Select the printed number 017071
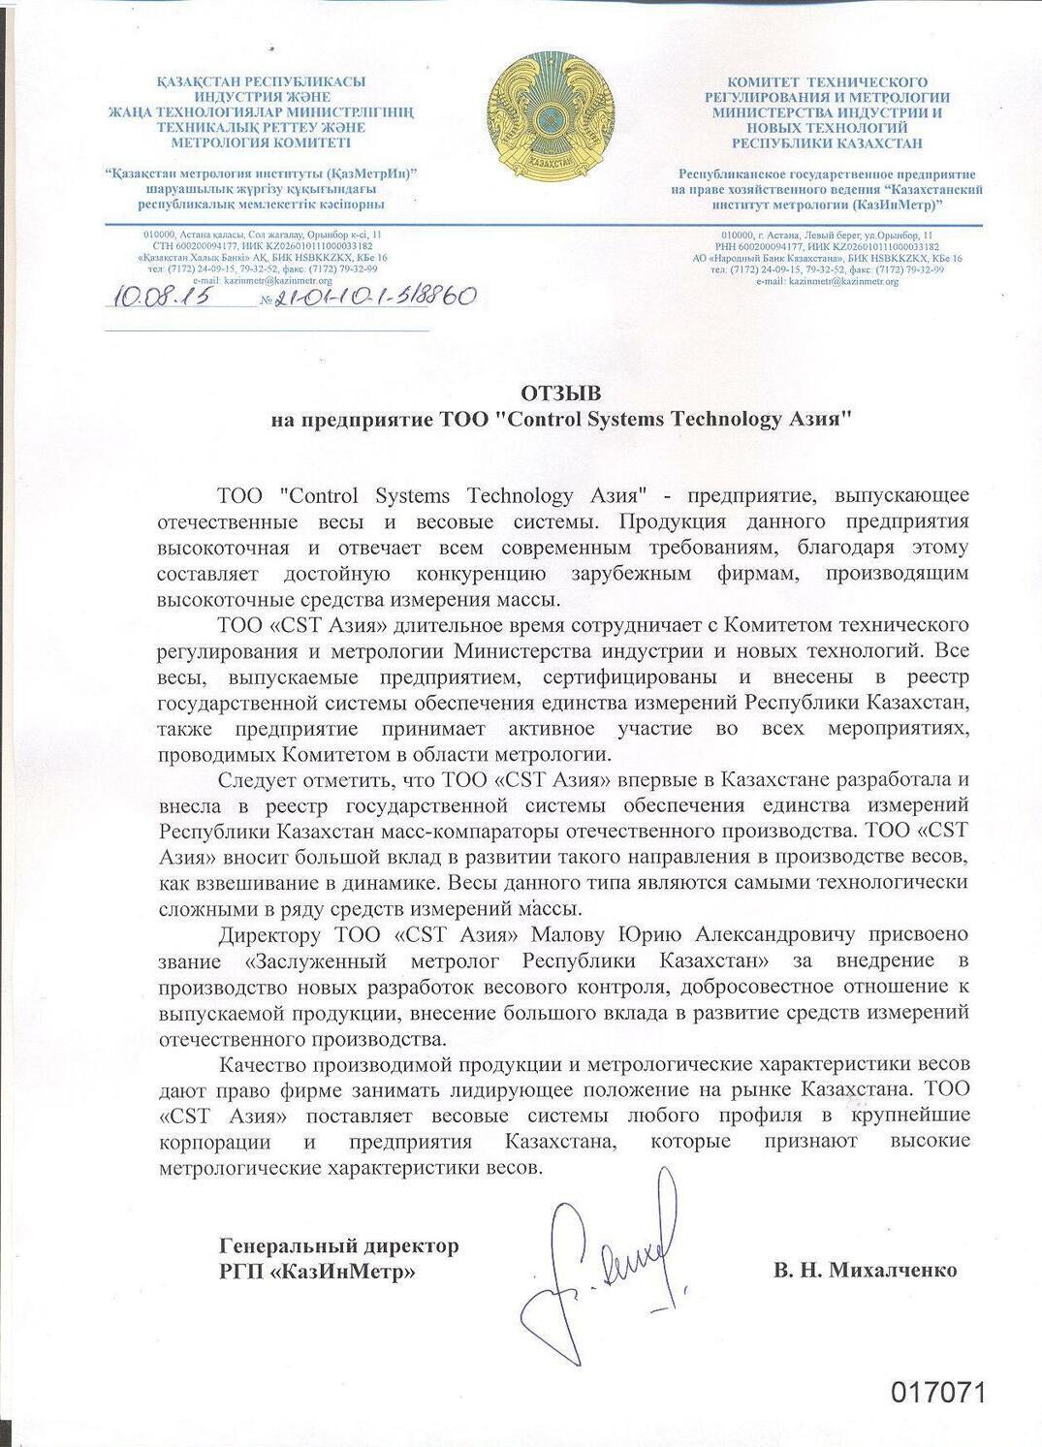(937, 1393)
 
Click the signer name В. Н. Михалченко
(865, 1270)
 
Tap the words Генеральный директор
(339, 1245)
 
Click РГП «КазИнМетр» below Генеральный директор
(317, 1271)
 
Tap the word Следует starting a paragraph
(257, 780)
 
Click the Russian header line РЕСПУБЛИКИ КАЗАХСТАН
(827, 142)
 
